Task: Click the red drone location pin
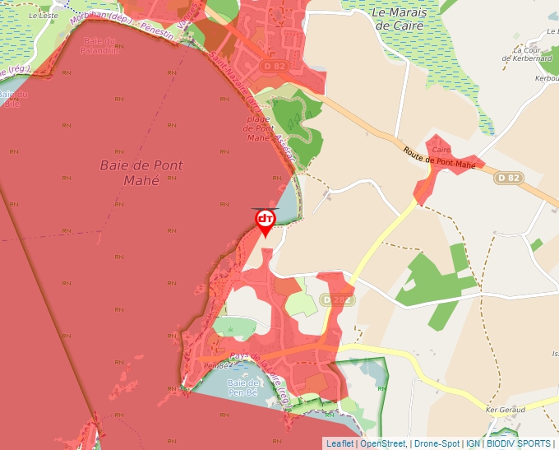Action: (x=266, y=221)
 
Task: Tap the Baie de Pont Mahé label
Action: (x=141, y=172)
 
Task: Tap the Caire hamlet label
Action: (x=441, y=150)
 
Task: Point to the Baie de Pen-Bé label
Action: (x=243, y=388)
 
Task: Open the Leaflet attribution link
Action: (x=340, y=443)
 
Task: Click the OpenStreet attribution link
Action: (x=383, y=443)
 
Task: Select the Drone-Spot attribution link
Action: (x=437, y=443)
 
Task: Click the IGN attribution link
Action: (x=474, y=443)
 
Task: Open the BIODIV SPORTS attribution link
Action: (x=519, y=443)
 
